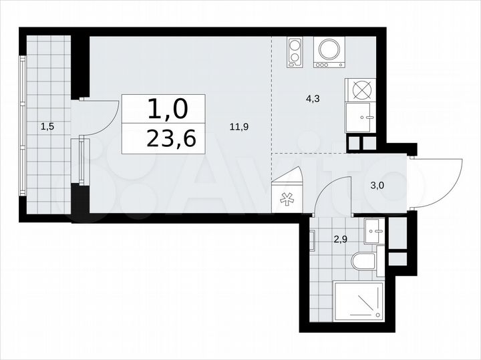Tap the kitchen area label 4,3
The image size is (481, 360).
click(x=312, y=99)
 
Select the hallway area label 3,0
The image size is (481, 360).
click(x=377, y=186)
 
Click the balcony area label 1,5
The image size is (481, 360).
click(x=47, y=124)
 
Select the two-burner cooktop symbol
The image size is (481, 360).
click(x=295, y=51)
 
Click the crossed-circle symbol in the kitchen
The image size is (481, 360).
click(x=361, y=89)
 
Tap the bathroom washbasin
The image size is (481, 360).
click(x=373, y=231)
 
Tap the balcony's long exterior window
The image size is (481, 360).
click(x=23, y=126)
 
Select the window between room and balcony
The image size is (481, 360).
click(x=82, y=160)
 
